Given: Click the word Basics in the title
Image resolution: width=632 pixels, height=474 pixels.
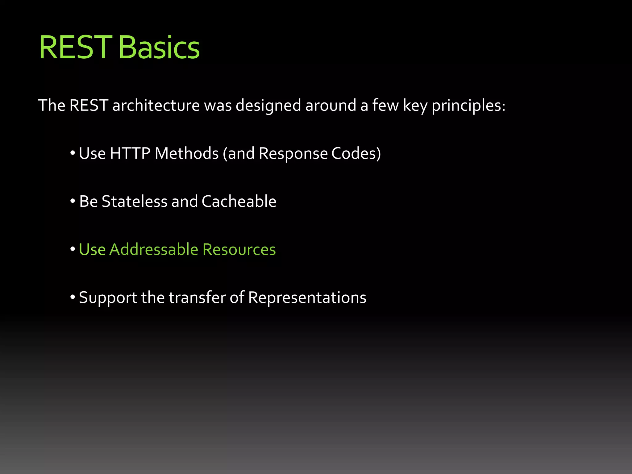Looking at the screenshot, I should click(x=159, y=48).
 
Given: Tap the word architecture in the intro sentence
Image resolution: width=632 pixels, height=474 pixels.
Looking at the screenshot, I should click(x=156, y=106).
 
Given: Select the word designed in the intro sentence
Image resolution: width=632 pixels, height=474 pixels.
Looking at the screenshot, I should click(x=268, y=106).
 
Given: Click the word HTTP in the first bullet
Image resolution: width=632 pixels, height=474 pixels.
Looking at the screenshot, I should click(x=130, y=153).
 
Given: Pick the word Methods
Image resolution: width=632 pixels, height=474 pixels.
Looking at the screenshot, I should click(x=187, y=153).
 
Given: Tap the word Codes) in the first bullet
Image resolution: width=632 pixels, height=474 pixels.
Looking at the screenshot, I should click(x=356, y=153).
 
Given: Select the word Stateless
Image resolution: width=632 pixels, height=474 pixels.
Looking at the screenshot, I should click(x=134, y=202).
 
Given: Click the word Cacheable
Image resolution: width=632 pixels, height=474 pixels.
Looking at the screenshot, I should click(x=239, y=202).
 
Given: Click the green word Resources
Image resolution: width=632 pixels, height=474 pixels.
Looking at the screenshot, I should click(x=239, y=249).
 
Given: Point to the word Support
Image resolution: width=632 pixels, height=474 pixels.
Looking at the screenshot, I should click(x=108, y=298).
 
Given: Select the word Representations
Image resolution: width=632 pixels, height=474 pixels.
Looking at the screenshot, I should click(x=307, y=298).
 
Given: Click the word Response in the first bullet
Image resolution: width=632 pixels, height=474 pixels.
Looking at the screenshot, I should click(x=293, y=153).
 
